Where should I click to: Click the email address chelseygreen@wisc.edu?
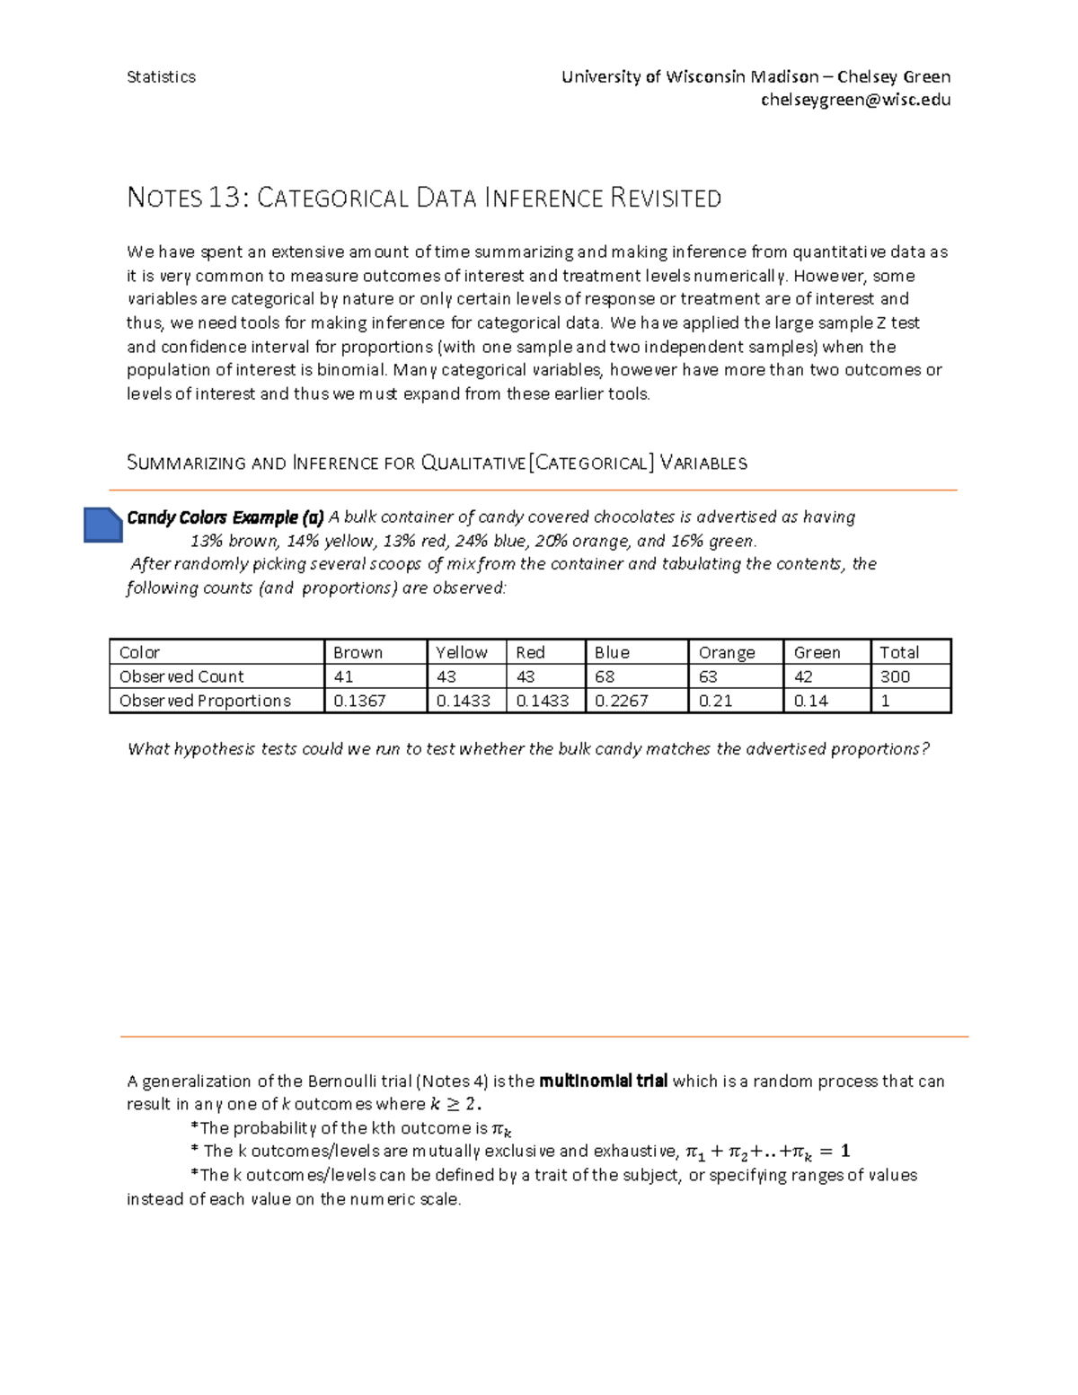click(855, 100)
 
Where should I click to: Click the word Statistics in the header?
click(161, 77)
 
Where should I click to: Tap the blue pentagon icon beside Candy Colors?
click(102, 525)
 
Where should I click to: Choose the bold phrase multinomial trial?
click(603, 1081)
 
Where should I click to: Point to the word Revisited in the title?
click(666, 198)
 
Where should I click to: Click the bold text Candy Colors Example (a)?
click(225, 517)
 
